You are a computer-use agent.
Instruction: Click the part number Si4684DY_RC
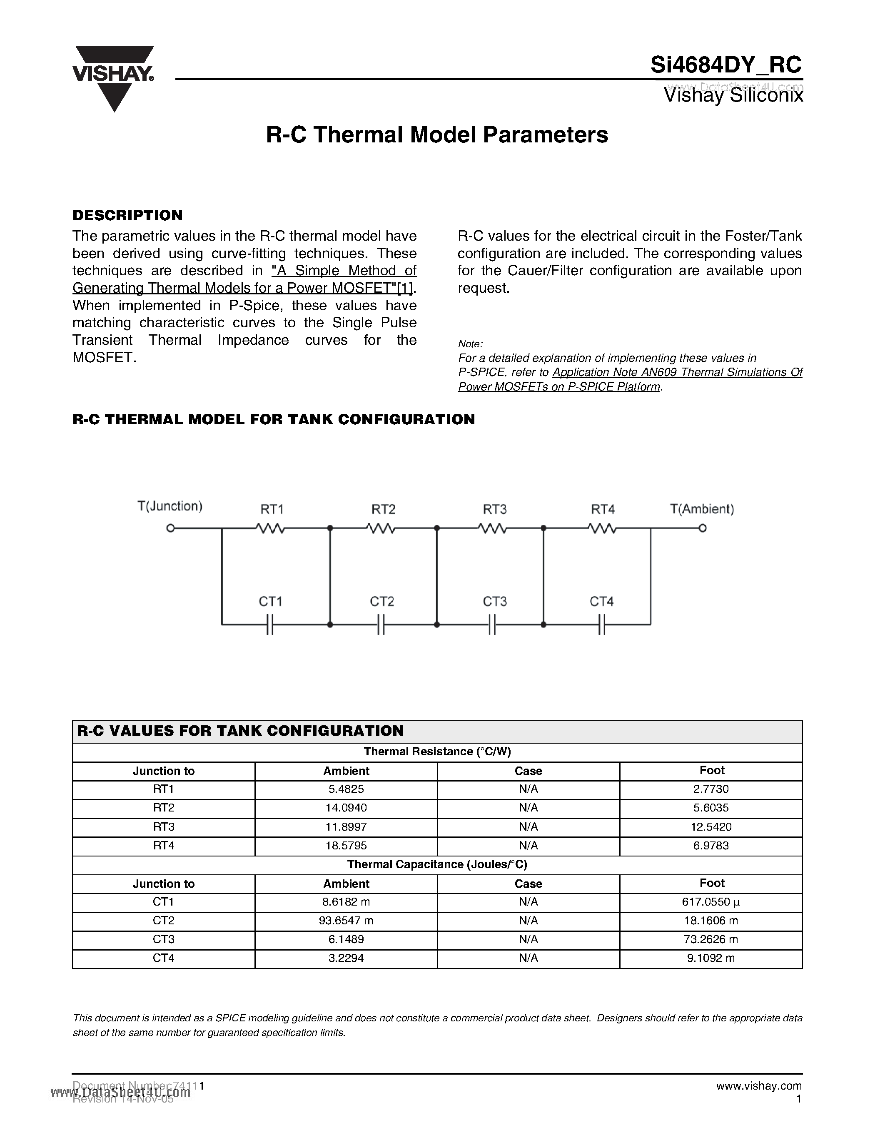725,65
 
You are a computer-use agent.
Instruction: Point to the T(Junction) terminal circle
170,528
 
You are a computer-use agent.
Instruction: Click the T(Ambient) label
702,508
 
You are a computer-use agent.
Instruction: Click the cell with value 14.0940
346,808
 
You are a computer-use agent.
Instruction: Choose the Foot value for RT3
711,827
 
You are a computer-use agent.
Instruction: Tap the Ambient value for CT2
346,921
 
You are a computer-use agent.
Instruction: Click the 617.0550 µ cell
711,902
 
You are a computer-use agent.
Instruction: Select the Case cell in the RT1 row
528,789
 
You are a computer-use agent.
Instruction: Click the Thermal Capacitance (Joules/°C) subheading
437,864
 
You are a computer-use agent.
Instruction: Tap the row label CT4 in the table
164,958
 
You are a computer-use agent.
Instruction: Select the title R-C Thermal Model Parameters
437,135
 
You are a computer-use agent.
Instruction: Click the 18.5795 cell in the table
346,846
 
